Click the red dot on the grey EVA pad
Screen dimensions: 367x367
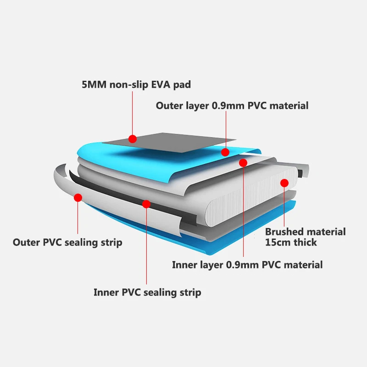click(x=133, y=139)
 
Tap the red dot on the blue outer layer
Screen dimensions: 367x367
click(x=225, y=152)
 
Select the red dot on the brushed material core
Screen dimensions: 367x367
click(x=284, y=183)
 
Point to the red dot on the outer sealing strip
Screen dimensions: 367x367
click(x=78, y=198)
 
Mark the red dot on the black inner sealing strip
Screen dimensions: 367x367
click(x=146, y=203)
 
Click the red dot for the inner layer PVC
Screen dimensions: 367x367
click(x=243, y=162)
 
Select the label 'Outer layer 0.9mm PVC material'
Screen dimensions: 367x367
click(x=232, y=106)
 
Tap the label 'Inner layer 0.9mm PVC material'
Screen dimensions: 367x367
click(x=247, y=265)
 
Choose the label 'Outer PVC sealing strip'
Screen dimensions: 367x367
click(x=67, y=242)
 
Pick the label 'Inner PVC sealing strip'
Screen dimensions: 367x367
click(x=147, y=292)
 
